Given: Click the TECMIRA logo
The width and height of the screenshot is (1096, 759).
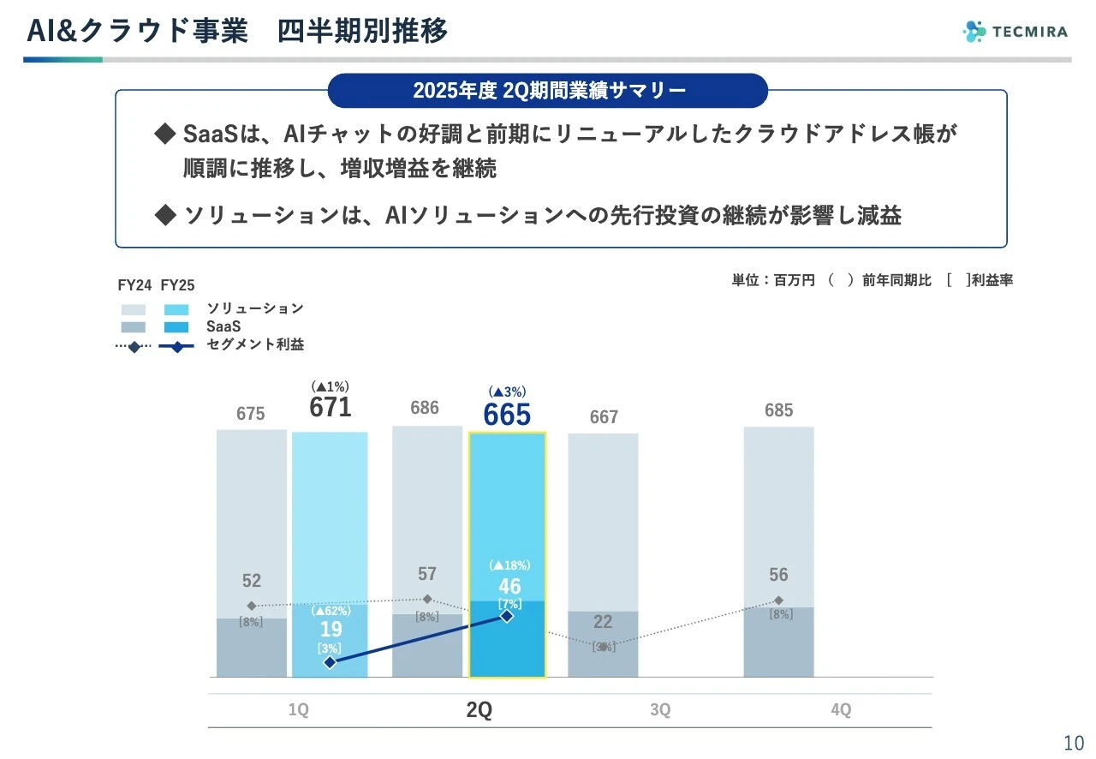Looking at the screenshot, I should (1015, 32).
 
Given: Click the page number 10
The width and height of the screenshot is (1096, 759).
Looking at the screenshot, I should (1073, 742).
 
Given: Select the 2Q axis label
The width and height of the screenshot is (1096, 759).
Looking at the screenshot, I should (479, 711).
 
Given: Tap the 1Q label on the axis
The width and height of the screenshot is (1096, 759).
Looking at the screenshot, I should (300, 711).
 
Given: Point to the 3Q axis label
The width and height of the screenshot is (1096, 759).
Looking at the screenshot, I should (660, 711).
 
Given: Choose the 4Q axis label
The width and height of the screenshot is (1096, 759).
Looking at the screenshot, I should (841, 711).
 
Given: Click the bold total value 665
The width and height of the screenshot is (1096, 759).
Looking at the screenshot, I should (507, 415).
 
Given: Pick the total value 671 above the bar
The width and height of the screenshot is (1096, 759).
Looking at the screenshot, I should (331, 408).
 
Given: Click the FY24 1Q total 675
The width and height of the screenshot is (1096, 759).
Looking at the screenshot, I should (251, 414).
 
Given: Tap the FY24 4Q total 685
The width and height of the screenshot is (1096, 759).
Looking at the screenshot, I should (778, 410).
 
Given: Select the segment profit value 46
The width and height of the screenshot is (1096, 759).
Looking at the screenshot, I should (509, 586).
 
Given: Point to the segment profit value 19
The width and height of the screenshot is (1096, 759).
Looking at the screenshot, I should (331, 630).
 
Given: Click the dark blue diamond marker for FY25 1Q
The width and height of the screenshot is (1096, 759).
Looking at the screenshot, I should (331, 662).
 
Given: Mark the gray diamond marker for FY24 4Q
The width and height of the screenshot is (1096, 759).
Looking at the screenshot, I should (778, 601).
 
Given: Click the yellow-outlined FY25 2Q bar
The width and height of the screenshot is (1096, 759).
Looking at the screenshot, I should (507, 514).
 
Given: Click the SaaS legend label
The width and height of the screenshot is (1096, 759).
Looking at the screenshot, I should (223, 326).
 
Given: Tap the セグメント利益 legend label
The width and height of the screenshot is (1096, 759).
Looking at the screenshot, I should (255, 345).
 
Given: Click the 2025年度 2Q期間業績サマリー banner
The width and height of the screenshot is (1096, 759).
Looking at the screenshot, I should (548, 91).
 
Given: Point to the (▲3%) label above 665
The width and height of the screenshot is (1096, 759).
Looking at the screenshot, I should (507, 391).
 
